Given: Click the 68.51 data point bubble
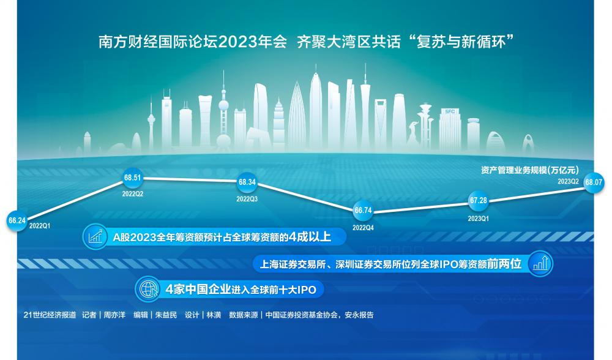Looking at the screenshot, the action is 132,178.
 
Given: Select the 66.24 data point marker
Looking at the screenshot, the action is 17,220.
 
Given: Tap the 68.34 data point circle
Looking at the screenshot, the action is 247,182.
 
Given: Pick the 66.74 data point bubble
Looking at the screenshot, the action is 363,211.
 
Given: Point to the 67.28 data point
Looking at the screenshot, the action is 478,200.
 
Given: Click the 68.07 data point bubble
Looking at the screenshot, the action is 593,182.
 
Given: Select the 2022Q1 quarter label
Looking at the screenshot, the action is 40,226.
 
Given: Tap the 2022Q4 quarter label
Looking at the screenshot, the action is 363,228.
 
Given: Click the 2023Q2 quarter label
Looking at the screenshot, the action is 568,181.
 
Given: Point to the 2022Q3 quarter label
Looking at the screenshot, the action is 247,199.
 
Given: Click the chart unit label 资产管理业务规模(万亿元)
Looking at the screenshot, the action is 529,170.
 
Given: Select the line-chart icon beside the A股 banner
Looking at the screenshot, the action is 95,236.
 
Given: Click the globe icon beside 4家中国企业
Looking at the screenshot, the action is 147,290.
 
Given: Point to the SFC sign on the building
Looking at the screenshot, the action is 450,111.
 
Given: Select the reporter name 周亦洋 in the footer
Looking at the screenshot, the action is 114,315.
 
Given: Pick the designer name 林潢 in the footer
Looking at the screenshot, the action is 214,315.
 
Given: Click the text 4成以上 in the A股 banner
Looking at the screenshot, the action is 310,236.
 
